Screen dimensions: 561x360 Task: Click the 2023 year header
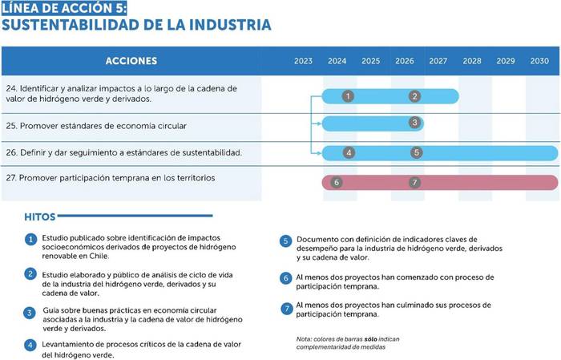(303, 61)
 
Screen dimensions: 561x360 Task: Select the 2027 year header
(438, 61)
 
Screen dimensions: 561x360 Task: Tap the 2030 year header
(539, 61)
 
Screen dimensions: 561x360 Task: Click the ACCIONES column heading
(131, 61)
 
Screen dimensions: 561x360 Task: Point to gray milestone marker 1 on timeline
(348, 96)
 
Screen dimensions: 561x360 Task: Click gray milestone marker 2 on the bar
(414, 96)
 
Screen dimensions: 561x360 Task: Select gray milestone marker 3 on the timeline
(414, 123)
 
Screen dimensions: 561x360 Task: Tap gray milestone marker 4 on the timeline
(349, 152)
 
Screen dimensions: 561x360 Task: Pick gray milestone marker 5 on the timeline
(417, 152)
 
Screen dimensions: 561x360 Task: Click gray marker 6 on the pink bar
(337, 183)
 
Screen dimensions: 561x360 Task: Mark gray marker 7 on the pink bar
(414, 183)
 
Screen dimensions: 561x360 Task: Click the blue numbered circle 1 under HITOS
(30, 240)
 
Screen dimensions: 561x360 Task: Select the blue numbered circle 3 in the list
(30, 313)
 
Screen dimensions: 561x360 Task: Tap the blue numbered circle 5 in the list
(285, 241)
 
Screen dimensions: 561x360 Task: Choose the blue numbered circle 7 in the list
(287, 309)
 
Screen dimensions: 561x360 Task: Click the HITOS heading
(40, 216)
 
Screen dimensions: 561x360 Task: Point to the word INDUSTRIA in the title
(230, 25)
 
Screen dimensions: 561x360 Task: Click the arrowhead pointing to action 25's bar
(319, 123)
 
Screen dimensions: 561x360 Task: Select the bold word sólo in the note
(370, 339)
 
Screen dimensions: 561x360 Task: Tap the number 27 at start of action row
(10, 178)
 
